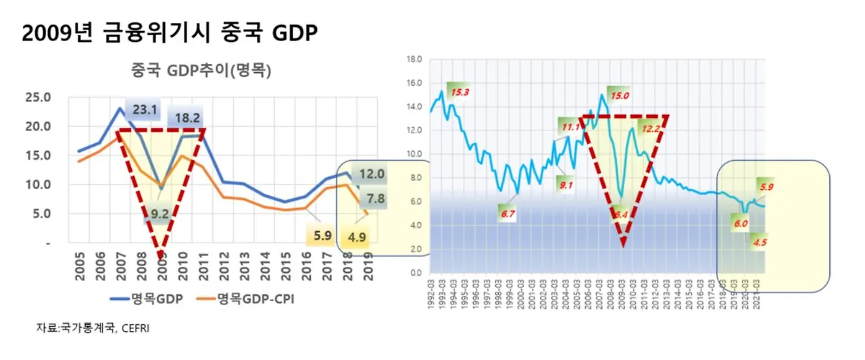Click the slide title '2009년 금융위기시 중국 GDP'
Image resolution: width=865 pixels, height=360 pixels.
pos(169,32)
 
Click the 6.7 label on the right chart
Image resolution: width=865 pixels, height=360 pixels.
pos(508,214)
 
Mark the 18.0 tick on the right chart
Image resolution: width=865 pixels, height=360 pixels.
pos(413,59)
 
